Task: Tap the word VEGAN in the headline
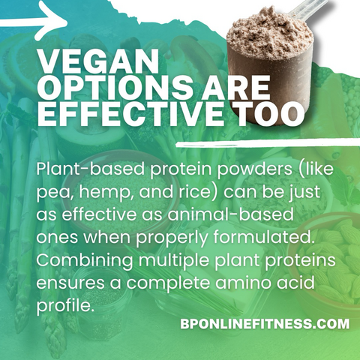pyautogui.click(x=98, y=61)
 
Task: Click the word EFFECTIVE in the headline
pyautogui.click(x=130, y=113)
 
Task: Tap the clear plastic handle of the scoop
pyautogui.click(x=309, y=9)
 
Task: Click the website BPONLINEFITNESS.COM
pyautogui.click(x=265, y=324)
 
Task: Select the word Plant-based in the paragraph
pyautogui.click(x=91, y=169)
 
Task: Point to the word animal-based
pyautogui.click(x=230, y=215)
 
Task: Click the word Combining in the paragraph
pyautogui.click(x=85, y=260)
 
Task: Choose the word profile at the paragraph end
pyautogui.click(x=64, y=305)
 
